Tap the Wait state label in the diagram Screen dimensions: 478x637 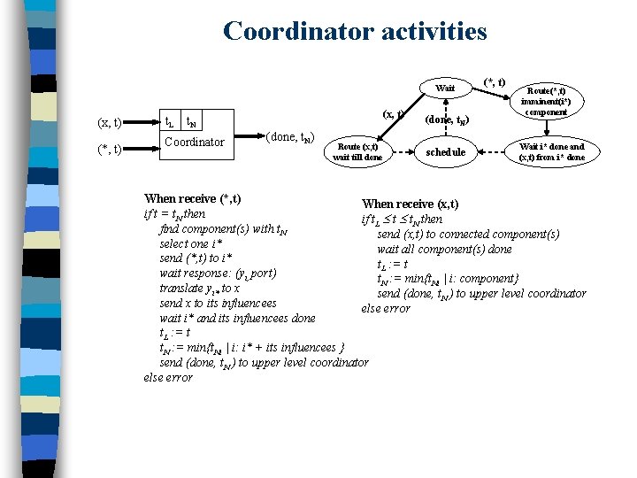445,88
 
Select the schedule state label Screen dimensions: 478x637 445,151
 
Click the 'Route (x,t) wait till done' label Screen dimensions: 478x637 357,151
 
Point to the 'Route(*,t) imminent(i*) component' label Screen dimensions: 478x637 546,101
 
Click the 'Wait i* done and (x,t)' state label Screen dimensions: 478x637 551,151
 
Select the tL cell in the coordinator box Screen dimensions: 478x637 171,123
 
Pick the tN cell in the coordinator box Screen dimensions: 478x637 191,123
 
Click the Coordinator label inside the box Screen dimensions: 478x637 195,142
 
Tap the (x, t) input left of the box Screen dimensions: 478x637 109,123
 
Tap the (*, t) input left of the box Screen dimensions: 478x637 109,149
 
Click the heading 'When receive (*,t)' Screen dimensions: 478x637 193,198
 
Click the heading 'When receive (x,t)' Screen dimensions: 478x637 410,204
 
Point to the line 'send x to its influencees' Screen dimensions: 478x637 218,303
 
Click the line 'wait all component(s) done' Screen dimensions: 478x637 444,249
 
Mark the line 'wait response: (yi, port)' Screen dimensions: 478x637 218,274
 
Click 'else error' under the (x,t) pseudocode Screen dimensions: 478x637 385,308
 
